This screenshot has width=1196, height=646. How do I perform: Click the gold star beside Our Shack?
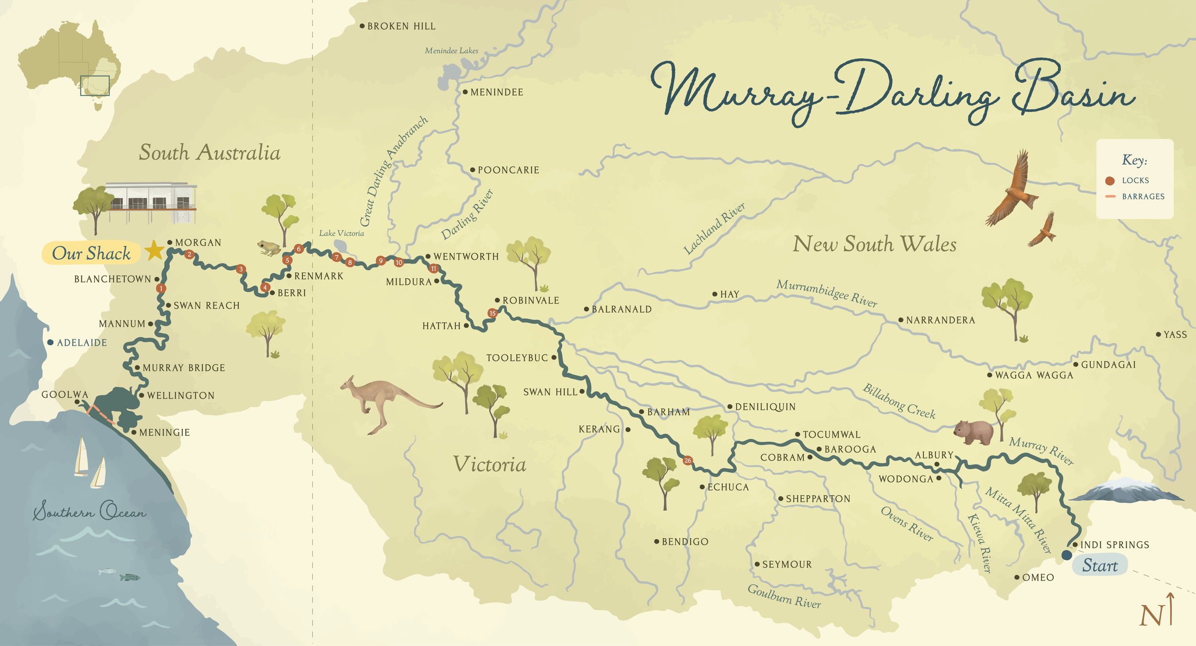[155, 250]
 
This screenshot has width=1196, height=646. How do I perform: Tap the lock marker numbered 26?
[687, 460]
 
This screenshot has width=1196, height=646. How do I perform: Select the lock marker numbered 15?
[492, 313]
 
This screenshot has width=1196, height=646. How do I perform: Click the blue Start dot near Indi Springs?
[1066, 555]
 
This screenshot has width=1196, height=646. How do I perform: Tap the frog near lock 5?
[269, 247]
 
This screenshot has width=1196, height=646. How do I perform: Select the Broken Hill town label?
[401, 26]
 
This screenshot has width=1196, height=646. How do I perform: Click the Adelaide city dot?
[50, 343]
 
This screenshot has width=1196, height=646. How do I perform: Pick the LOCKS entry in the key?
[1135, 180]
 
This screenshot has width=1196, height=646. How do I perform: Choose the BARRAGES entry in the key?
[1143, 197]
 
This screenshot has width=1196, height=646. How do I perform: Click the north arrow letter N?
[1151, 615]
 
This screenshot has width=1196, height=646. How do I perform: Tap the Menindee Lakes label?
[451, 51]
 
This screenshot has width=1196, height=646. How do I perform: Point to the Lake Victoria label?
[341, 234]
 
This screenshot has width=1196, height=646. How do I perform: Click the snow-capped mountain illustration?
[1127, 491]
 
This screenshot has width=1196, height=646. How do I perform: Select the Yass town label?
[1175, 334]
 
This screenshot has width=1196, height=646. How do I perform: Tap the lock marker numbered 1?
[161, 288]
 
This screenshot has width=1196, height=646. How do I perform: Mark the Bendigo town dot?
[657, 542]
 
